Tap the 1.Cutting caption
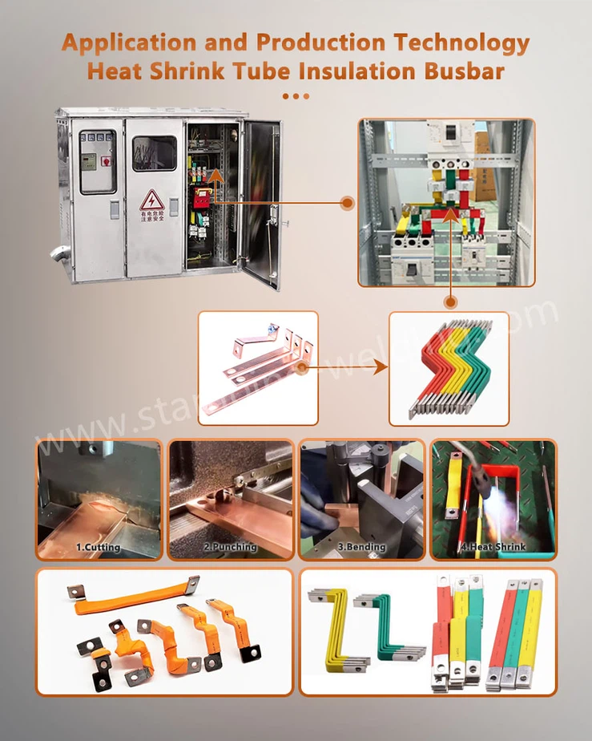tap(98, 548)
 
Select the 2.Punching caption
tap(230, 547)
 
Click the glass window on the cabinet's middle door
tap(155, 153)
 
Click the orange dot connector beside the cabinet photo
tap(347, 203)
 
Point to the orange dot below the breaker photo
tap(451, 302)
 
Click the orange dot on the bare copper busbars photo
tap(301, 368)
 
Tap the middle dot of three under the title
tap(296, 96)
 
